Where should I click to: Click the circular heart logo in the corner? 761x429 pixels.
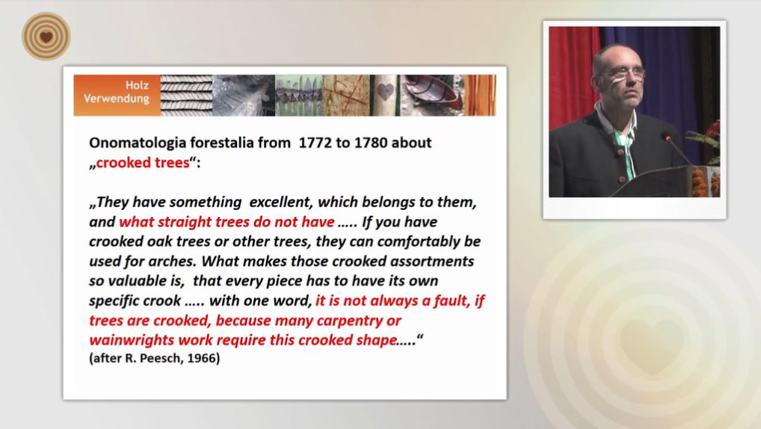46,37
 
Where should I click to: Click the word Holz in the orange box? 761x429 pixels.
137,85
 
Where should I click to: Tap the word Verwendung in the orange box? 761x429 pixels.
117,99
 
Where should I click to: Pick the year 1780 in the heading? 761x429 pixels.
371,143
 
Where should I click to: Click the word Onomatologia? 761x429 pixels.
138,143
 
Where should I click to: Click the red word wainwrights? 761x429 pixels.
132,340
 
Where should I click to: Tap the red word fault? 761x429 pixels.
452,301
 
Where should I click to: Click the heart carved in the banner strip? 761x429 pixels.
385,92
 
